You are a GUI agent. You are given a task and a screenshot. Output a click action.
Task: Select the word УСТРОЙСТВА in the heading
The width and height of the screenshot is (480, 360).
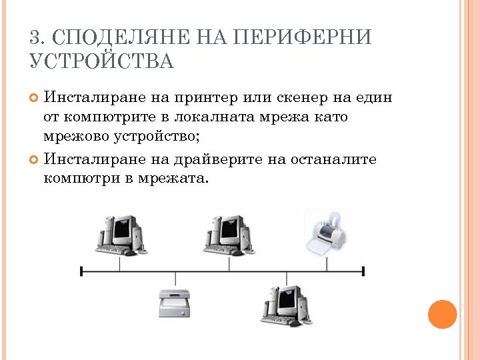[101, 62]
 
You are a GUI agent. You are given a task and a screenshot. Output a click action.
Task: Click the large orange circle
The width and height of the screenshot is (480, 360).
[442, 314]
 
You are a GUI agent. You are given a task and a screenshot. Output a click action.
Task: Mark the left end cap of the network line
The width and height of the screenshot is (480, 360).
[81, 271]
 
